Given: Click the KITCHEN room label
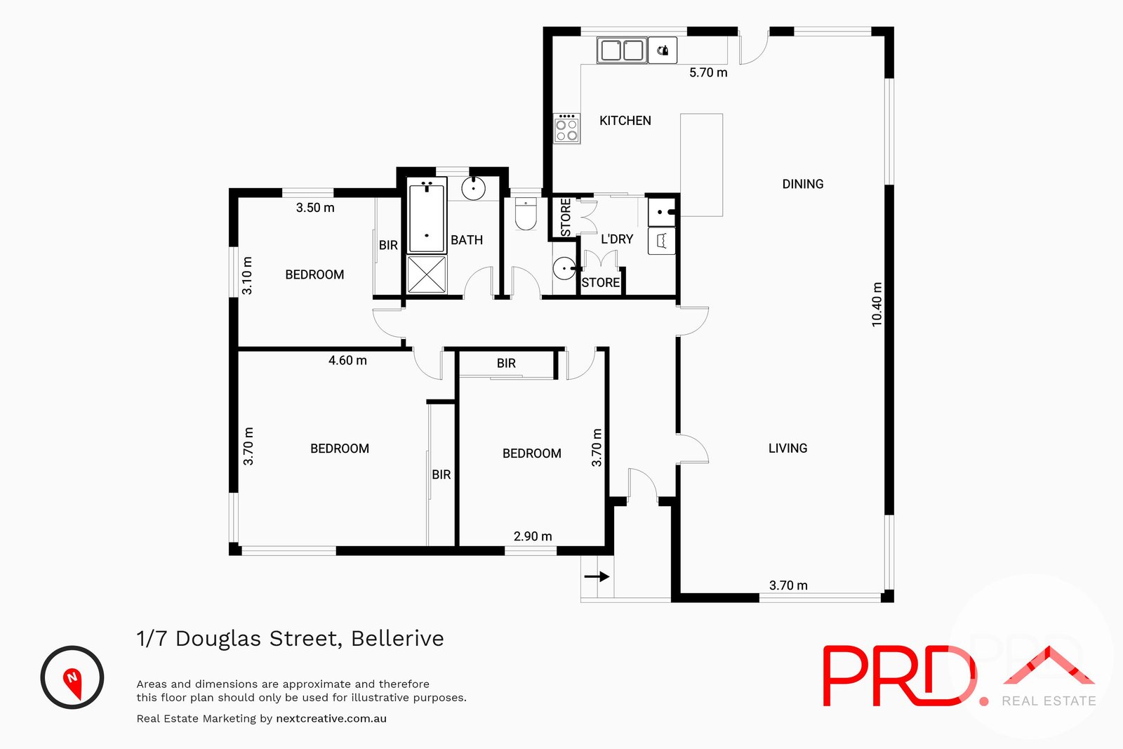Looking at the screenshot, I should (x=625, y=121).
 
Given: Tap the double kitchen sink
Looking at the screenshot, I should (x=622, y=51).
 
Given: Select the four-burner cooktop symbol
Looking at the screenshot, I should (x=566, y=129).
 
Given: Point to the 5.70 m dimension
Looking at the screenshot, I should (x=707, y=72).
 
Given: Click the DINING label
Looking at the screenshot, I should (x=802, y=184).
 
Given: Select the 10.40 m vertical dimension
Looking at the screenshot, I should (x=877, y=305).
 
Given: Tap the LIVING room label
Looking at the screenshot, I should (x=788, y=448).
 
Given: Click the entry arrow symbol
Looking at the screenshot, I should (x=597, y=576).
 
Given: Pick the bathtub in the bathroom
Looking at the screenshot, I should (x=427, y=216).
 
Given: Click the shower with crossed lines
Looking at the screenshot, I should (x=427, y=274).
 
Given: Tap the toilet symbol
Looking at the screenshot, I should (x=526, y=214).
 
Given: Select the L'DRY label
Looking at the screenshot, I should (x=616, y=239).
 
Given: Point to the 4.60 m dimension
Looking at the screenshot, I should (x=347, y=360).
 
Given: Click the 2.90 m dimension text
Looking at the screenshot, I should (x=533, y=536).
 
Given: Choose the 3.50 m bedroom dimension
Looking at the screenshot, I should (x=315, y=208).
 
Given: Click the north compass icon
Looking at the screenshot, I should (x=72, y=677).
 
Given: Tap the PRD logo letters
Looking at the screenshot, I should (x=898, y=676).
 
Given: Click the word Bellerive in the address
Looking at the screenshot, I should (x=397, y=639).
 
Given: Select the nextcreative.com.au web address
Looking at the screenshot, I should (x=331, y=719).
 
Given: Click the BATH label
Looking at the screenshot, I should (x=466, y=240).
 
